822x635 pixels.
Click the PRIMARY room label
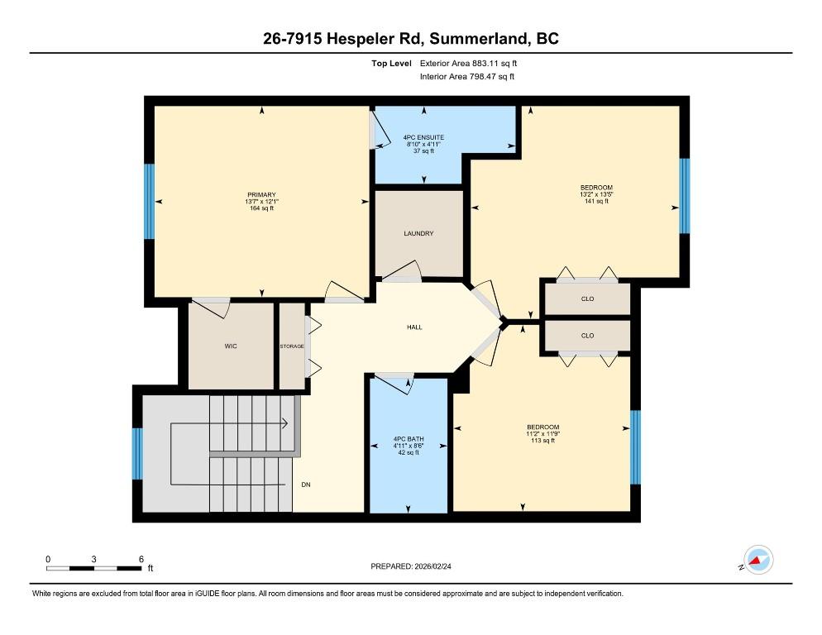click(x=261, y=194)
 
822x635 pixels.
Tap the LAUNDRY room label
click(x=418, y=233)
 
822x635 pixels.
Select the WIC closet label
click(x=231, y=346)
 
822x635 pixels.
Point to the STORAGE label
click(x=291, y=346)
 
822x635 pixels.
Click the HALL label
click(x=414, y=327)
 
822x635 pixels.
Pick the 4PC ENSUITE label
click(x=423, y=137)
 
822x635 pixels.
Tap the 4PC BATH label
click(x=409, y=439)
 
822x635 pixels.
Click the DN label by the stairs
click(x=306, y=485)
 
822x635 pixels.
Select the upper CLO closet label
click(x=588, y=298)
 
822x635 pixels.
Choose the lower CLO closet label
click(x=588, y=336)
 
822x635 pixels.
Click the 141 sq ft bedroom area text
click(x=596, y=201)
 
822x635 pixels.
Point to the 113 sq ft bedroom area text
click(x=543, y=441)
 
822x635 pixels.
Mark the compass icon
click(x=758, y=560)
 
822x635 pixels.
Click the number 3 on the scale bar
click(x=93, y=559)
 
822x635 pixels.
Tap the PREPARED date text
click(x=411, y=566)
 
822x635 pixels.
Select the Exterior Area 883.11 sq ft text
click(x=468, y=64)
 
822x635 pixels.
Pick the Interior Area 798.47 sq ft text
click(x=467, y=77)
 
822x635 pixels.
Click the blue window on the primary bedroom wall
click(x=150, y=202)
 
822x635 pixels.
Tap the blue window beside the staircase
click(x=137, y=454)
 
